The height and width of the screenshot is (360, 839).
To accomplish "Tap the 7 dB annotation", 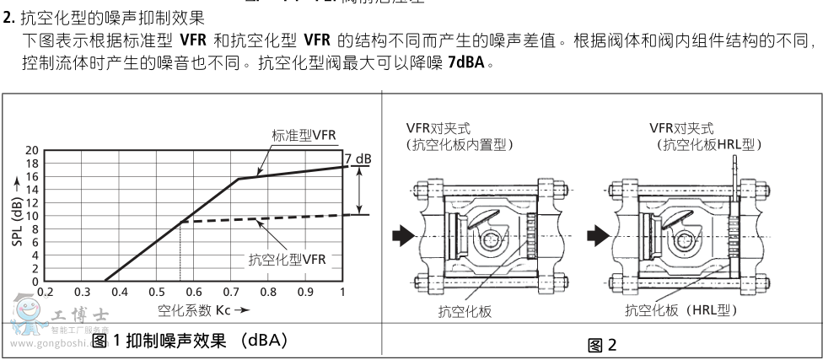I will [x=358, y=158].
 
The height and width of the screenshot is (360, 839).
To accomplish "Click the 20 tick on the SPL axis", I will [x=32, y=150].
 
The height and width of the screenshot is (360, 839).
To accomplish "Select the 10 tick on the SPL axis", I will [x=32, y=216].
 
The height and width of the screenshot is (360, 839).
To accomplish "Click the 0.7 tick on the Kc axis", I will [x=230, y=292].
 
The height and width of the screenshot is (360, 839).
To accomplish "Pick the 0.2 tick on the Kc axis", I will [x=45, y=292].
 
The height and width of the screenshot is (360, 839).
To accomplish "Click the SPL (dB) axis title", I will [x=16, y=215].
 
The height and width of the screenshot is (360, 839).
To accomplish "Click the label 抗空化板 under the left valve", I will [x=465, y=312].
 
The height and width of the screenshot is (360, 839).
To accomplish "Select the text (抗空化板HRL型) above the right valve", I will [x=708, y=145].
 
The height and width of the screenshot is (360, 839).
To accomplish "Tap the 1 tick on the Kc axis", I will [x=342, y=292].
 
